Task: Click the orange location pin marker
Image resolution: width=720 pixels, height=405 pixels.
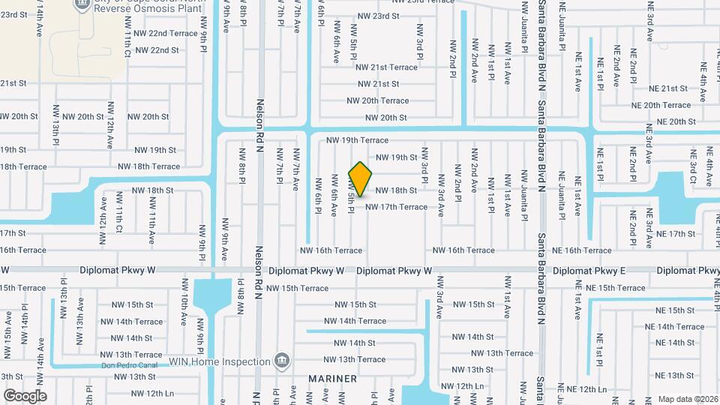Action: coord(361,178)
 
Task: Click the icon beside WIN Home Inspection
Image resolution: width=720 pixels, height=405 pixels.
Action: coord(281,361)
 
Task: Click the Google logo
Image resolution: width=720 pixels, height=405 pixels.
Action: coord(25,396)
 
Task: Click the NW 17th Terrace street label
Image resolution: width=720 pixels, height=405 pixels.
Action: coord(396,207)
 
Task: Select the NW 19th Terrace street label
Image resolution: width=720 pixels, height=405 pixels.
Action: coord(357,140)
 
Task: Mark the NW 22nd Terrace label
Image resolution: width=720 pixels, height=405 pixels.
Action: coord(163,34)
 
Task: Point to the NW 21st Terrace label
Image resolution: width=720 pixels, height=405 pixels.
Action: coord(388,67)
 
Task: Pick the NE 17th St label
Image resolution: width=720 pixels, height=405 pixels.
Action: coord(676,234)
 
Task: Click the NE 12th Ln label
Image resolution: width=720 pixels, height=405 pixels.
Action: coord(586,389)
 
